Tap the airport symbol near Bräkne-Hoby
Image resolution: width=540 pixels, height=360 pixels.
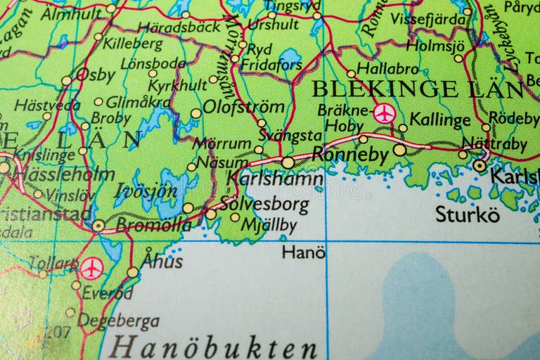click(x=384, y=112)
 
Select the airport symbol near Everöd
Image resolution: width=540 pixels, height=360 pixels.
click(x=91, y=268)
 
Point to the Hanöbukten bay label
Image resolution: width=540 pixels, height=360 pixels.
click(x=214, y=347)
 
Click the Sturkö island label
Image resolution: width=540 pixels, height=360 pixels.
click(x=468, y=214)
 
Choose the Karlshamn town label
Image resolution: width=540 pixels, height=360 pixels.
click(x=275, y=179)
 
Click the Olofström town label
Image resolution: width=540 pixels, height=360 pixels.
click(x=243, y=108)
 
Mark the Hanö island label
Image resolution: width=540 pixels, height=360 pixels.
click(x=303, y=252)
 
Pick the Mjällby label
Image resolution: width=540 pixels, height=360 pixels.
click(x=268, y=226)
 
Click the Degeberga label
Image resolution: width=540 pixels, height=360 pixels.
click(x=118, y=321)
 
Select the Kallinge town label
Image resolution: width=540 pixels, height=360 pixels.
click(x=439, y=120)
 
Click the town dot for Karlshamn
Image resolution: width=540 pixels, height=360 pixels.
click(x=288, y=162)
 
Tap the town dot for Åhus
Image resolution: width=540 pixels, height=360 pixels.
click(x=133, y=272)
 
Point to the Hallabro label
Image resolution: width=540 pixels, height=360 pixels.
click(x=387, y=68)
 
